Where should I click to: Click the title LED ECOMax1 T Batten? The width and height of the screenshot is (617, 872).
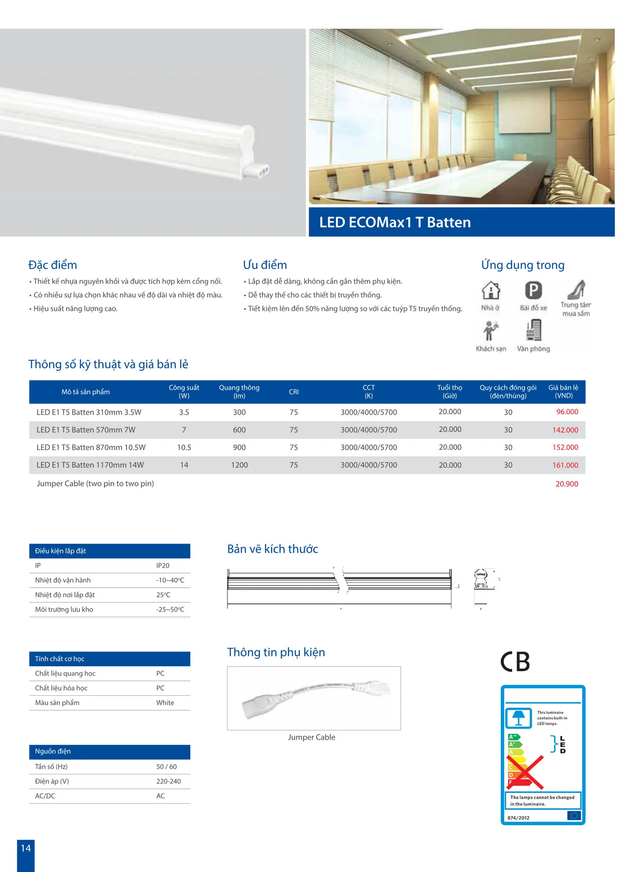click(x=395, y=222)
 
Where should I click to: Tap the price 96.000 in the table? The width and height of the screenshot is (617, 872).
click(x=567, y=412)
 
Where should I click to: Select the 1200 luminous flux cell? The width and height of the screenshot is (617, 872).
click(x=239, y=465)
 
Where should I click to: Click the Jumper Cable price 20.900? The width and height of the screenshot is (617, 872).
click(x=567, y=484)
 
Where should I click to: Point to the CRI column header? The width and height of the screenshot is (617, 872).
click(x=294, y=392)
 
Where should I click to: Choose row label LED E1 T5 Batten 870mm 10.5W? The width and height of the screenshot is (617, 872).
click(x=91, y=447)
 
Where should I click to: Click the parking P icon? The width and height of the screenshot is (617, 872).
click(x=533, y=290)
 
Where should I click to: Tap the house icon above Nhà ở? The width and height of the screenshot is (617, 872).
click(x=490, y=290)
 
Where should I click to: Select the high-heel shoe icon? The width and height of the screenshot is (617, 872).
click(x=576, y=289)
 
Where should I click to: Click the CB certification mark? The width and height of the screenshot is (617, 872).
click(x=515, y=661)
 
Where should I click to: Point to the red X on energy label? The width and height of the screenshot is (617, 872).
click(x=526, y=772)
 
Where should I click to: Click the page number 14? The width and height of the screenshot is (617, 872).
click(x=26, y=848)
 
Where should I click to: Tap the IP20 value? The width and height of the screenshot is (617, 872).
click(x=163, y=565)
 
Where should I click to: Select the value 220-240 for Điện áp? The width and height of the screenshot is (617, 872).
click(x=168, y=781)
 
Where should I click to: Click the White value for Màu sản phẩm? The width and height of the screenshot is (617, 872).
click(x=165, y=703)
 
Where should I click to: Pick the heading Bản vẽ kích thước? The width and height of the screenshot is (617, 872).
click(x=272, y=549)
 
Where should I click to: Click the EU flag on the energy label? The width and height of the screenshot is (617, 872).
click(x=573, y=816)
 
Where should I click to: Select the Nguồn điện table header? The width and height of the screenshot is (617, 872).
click(x=53, y=751)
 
